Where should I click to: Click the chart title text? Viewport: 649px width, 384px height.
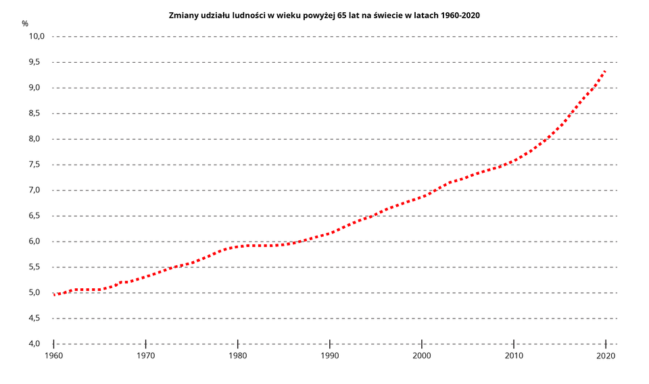click(324, 15)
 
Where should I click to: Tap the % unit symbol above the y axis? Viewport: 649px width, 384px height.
click(25, 24)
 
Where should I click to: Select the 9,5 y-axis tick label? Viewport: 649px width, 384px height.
click(37, 62)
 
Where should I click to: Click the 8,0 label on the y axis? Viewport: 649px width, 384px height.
click(37, 139)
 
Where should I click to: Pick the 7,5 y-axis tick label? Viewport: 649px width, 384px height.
click(37, 165)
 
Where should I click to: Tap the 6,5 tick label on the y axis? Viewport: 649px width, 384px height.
click(37, 216)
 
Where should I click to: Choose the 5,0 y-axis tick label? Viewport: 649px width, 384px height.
click(37, 293)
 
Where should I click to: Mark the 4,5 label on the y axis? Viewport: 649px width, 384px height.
click(37, 319)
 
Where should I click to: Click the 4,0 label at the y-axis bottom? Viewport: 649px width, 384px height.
click(37, 344)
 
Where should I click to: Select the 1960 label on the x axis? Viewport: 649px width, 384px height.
click(53, 356)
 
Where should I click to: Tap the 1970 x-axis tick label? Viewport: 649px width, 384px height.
click(145, 356)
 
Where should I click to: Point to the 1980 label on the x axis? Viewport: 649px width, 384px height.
click(237, 356)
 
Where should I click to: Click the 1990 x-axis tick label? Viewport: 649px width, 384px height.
click(329, 356)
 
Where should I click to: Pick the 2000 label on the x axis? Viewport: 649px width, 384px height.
click(421, 356)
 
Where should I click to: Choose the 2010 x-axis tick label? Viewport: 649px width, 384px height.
click(513, 356)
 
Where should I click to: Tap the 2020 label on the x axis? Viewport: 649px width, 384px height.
click(605, 356)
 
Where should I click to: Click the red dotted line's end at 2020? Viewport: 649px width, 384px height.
click(605, 71)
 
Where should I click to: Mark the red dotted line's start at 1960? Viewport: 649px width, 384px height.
click(54, 295)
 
